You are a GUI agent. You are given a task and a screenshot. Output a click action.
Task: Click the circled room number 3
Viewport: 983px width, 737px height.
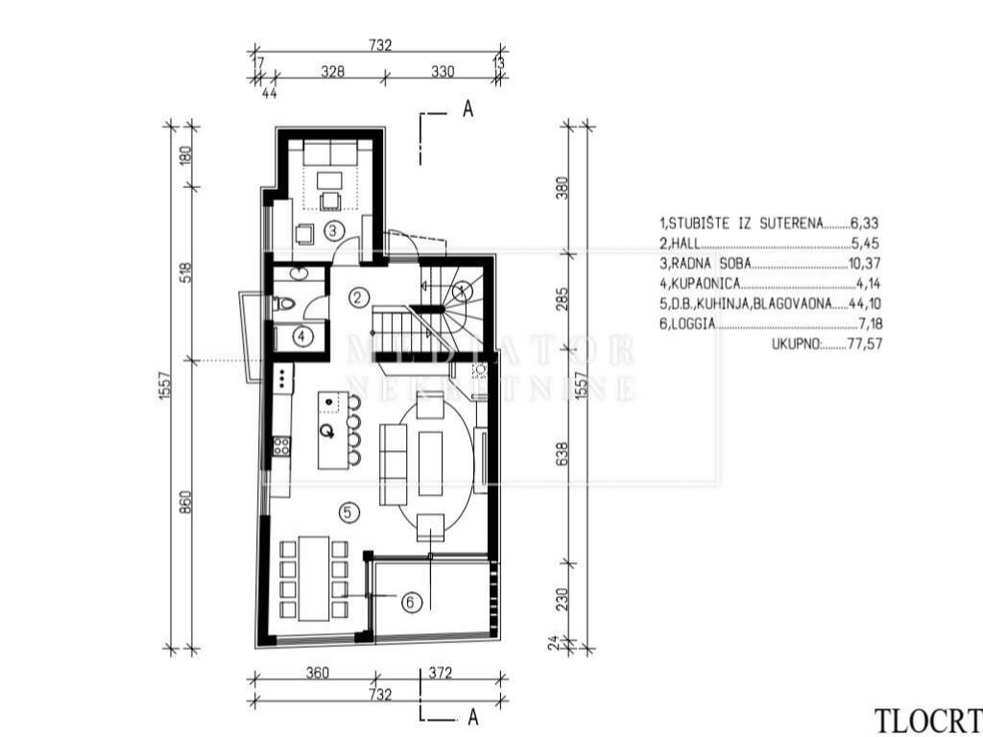tap(333, 230)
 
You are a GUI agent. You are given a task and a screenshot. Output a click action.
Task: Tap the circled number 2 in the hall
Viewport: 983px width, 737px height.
tap(358, 297)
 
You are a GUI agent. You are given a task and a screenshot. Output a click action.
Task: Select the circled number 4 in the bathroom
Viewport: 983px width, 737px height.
tap(302, 337)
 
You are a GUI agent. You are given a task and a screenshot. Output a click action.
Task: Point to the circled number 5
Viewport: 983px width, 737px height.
tap(349, 512)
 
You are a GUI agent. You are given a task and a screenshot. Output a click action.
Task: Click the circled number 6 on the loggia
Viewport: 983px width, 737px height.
tap(411, 603)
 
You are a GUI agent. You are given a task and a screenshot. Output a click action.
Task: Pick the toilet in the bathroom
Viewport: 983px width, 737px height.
tap(284, 304)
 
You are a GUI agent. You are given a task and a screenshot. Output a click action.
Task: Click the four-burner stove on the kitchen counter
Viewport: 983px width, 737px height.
tap(281, 446)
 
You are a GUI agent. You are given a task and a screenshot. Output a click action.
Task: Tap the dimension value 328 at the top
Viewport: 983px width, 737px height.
tap(332, 71)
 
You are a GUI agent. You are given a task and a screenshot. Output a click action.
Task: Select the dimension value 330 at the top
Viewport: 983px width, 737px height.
tap(443, 71)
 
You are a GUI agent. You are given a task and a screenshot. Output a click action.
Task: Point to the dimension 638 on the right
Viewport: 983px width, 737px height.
tap(562, 454)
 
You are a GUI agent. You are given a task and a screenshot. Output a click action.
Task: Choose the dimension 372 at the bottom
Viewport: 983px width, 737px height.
tap(441, 673)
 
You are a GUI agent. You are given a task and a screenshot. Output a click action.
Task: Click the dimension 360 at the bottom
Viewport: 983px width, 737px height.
tap(318, 673)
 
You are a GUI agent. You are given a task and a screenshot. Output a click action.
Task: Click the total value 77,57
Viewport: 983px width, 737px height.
tap(865, 345)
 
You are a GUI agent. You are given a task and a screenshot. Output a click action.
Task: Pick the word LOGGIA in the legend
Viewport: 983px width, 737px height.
tap(693, 324)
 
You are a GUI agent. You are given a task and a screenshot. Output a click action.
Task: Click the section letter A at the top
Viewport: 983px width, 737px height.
tap(468, 109)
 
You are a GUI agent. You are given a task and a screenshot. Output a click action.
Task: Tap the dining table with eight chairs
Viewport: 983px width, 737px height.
tap(314, 579)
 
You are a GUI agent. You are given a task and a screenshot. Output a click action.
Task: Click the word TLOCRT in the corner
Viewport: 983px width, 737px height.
tap(928, 721)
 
